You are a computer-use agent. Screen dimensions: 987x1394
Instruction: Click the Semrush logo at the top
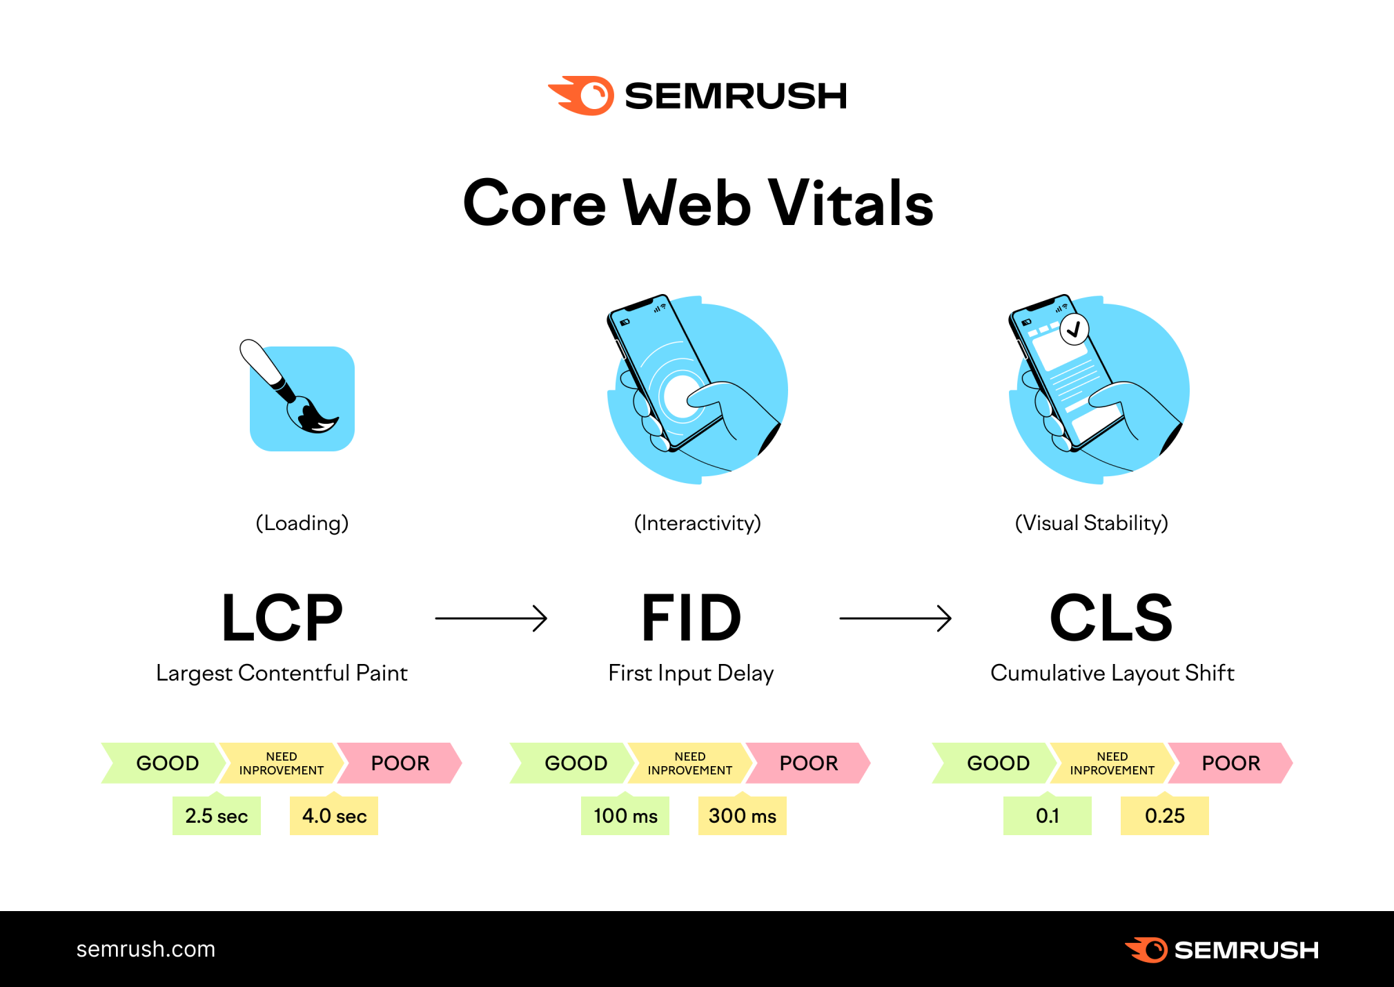697,95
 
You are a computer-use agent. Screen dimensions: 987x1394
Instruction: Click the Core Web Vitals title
698,203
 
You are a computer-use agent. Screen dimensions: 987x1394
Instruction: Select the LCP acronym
282,618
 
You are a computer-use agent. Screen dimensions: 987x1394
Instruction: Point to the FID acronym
691,618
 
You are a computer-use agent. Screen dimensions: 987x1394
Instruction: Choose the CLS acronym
1111,618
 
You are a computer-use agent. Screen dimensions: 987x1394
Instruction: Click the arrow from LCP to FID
491,618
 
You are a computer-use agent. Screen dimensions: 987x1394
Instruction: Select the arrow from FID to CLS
895,618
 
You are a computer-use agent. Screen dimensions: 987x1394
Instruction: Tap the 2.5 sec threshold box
216,816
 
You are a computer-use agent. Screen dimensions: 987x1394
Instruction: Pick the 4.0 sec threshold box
334,816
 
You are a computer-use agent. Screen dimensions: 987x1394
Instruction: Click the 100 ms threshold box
625,816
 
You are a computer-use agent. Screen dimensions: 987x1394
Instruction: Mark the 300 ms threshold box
743,816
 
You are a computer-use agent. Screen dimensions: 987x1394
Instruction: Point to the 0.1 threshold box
1048,816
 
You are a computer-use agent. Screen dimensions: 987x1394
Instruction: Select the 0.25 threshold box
1165,816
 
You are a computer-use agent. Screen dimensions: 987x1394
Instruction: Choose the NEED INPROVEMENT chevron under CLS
1112,763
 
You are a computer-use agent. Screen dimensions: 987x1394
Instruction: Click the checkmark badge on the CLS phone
1074,330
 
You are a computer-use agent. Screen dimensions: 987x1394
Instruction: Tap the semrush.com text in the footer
146,949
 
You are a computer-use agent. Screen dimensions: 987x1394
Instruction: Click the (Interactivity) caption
697,523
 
